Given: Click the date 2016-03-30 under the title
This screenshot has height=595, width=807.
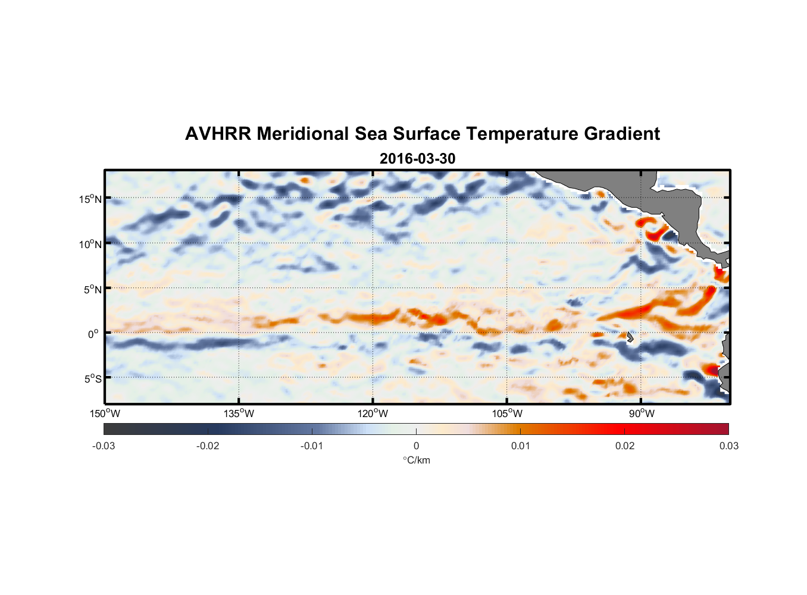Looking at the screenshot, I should coord(417,159).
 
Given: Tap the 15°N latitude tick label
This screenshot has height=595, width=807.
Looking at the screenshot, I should coord(90,199).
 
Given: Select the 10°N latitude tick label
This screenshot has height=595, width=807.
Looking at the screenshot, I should coord(90,244).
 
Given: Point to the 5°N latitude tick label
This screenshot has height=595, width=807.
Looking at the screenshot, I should coord(92,289).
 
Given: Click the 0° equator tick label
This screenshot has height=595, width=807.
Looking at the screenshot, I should coord(93,334).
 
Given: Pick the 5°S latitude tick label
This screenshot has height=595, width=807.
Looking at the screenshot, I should coord(92,378).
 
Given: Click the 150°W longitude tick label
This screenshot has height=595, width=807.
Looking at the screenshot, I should coord(105,414).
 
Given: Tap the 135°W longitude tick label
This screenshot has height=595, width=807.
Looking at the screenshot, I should coord(239,414).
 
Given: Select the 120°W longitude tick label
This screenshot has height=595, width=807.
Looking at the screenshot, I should coord(373,414).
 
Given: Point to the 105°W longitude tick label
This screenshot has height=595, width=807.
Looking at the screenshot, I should coord(507,414).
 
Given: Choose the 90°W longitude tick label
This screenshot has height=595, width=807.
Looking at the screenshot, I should coord(642,414).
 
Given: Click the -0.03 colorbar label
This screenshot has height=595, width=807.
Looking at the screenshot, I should coord(104,446).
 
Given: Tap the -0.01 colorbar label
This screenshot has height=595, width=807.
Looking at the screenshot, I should coord(312,446).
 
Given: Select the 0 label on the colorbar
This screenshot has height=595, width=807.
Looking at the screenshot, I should coord(416,446).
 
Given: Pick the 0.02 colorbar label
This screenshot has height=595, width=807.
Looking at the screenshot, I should coord(625,446).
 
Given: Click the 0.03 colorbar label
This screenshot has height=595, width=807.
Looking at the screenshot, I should coord(728,446).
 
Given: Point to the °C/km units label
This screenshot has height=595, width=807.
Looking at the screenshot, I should coord(416,460).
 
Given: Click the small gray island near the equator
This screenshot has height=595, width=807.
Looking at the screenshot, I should coord(630,337).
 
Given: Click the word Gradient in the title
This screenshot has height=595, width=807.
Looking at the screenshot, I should coord(622,134).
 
